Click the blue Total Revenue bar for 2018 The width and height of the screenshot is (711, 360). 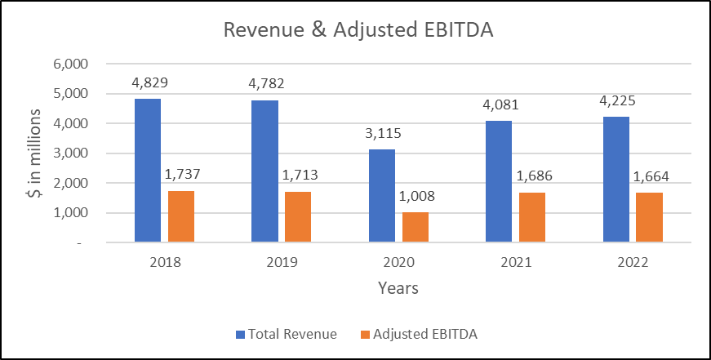click(148, 170)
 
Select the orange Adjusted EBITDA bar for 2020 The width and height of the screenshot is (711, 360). click(415, 227)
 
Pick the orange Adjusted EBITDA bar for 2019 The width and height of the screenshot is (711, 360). click(298, 216)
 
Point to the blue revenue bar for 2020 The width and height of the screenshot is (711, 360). click(382, 196)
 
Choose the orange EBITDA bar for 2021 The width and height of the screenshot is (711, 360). click(532, 217)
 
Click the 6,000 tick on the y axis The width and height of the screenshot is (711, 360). click(81, 64)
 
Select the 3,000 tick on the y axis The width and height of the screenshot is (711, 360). click(81, 153)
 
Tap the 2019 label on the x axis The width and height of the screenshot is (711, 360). click(282, 263)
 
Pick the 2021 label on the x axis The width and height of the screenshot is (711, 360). click(516, 263)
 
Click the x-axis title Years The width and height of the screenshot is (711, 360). click(399, 288)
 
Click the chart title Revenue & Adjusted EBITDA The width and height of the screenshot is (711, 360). click(356, 30)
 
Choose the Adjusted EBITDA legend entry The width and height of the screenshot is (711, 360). click(422, 334)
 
